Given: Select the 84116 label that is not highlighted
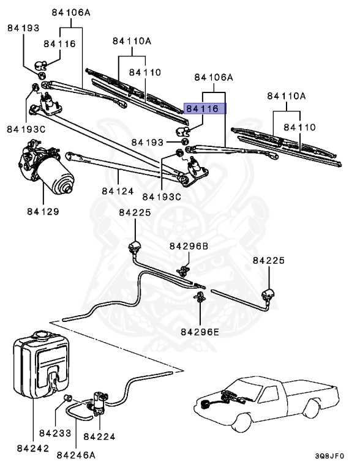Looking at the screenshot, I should coord(59,44).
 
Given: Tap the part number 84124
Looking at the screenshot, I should coord(118,192).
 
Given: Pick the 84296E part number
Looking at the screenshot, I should coord(200,332).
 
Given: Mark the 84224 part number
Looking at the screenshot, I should coord(99,436).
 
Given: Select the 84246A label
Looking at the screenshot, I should coord(77,455).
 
